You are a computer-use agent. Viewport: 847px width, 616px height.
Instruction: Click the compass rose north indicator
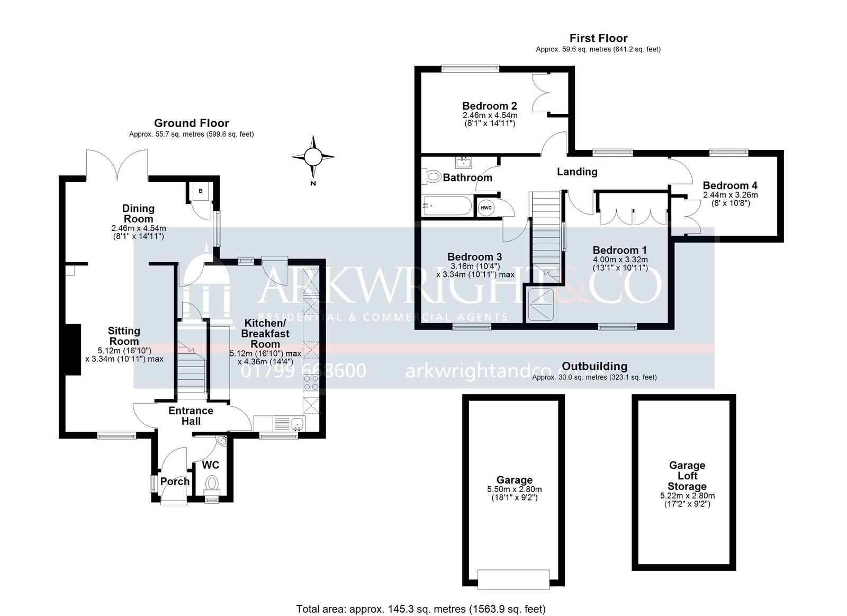tap(313, 157)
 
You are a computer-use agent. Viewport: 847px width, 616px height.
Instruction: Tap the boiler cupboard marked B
tap(201, 191)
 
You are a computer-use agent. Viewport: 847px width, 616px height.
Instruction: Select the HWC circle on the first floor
tap(486, 208)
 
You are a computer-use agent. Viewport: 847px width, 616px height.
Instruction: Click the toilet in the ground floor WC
tap(212, 485)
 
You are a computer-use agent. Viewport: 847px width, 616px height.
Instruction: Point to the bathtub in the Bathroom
tap(447, 206)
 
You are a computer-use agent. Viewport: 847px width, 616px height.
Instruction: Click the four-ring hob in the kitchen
tap(311, 382)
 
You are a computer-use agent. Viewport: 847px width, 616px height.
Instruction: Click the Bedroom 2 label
tap(489, 106)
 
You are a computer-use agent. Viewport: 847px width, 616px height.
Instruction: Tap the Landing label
tap(577, 172)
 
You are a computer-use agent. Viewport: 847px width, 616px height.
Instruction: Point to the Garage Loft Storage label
tap(687, 476)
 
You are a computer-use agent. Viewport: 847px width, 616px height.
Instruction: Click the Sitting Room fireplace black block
tap(74, 350)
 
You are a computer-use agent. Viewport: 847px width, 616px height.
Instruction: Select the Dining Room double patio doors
tap(117, 165)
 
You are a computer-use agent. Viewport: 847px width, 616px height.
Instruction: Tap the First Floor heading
tap(598, 38)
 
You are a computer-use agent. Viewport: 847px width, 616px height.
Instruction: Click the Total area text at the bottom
tap(421, 609)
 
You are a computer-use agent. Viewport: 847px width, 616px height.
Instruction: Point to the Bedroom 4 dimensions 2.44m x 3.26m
tap(730, 195)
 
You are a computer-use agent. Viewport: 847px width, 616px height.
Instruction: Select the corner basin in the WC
tap(222, 440)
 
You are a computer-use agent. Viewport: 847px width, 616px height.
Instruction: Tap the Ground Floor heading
tap(191, 123)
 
